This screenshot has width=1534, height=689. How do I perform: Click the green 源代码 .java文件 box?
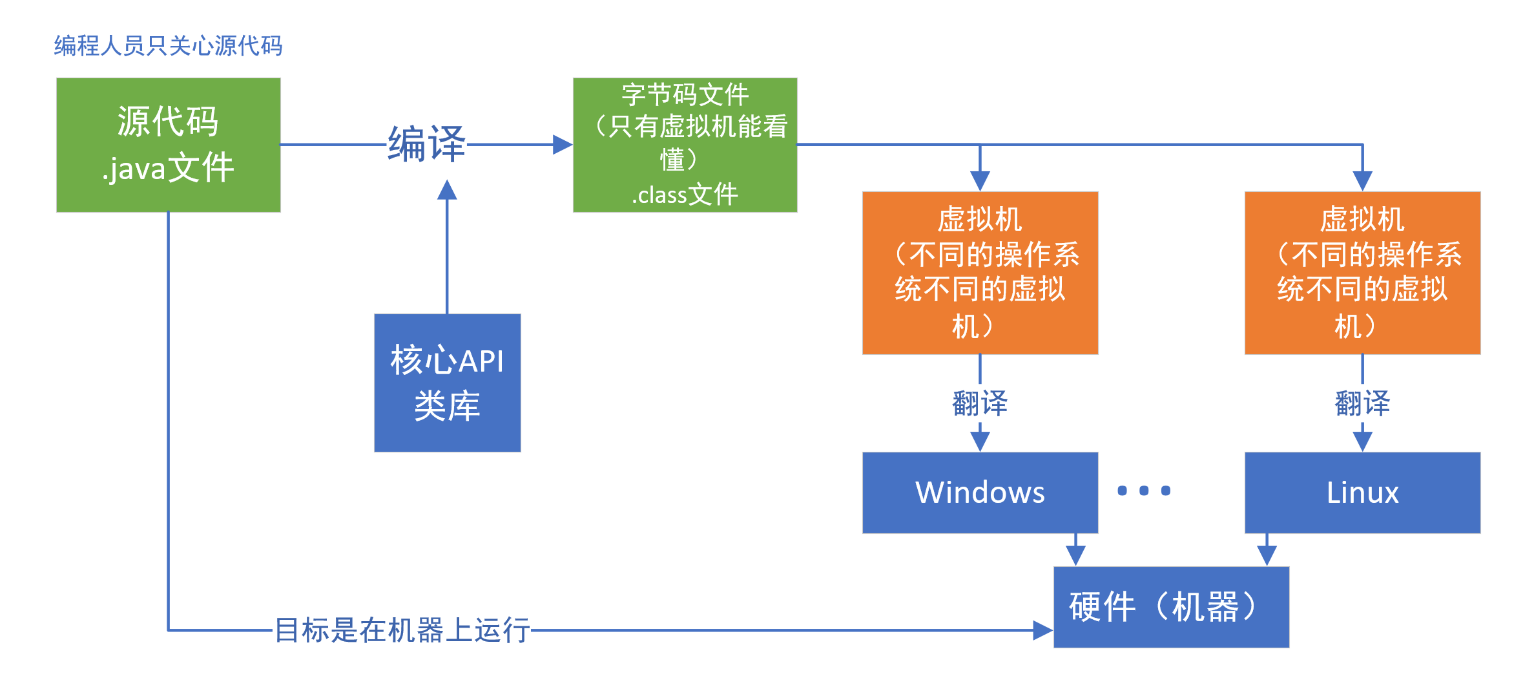168,145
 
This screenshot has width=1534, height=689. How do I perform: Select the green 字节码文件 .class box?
685,145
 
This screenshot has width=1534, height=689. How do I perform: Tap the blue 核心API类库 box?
447,383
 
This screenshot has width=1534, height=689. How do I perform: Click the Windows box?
980,493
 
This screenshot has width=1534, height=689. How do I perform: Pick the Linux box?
1362,493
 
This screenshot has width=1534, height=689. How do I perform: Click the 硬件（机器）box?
1171,607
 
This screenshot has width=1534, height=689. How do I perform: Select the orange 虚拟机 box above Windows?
980,272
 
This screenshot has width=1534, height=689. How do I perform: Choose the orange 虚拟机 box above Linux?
1362,272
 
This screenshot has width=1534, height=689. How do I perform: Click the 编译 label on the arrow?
426,144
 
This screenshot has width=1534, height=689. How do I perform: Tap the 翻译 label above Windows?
980,403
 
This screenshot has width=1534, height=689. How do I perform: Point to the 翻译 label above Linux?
1362,403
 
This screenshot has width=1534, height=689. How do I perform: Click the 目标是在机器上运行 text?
402,630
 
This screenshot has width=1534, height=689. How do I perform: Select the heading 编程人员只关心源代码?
168,46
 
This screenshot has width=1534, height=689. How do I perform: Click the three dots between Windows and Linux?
1144,491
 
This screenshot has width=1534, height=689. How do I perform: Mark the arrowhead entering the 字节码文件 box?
563,145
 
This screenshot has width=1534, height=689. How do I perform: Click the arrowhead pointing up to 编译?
447,190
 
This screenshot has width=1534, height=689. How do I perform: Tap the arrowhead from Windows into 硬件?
1075,555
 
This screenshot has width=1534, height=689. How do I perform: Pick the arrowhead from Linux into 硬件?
1267,555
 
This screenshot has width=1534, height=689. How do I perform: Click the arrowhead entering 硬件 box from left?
1042,630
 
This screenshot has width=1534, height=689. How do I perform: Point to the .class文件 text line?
685,195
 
